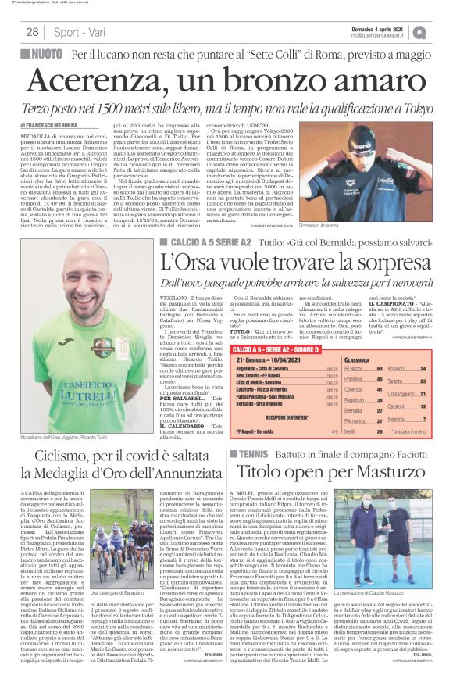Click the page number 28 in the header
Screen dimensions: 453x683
coord(33,32)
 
